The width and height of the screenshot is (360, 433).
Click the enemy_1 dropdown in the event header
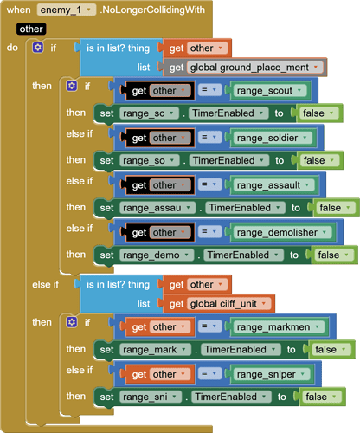click(x=66, y=10)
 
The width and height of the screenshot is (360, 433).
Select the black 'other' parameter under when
click(x=31, y=29)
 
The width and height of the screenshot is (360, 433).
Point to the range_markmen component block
click(x=280, y=327)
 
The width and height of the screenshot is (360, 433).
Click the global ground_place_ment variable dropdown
click(x=255, y=68)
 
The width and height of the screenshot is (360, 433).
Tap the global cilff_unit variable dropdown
click(x=228, y=304)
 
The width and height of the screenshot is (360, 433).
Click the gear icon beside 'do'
click(x=38, y=48)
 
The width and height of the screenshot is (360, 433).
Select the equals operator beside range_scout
click(x=209, y=90)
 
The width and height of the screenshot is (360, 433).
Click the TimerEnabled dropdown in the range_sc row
click(x=228, y=113)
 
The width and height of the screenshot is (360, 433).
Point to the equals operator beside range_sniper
click(x=209, y=374)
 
